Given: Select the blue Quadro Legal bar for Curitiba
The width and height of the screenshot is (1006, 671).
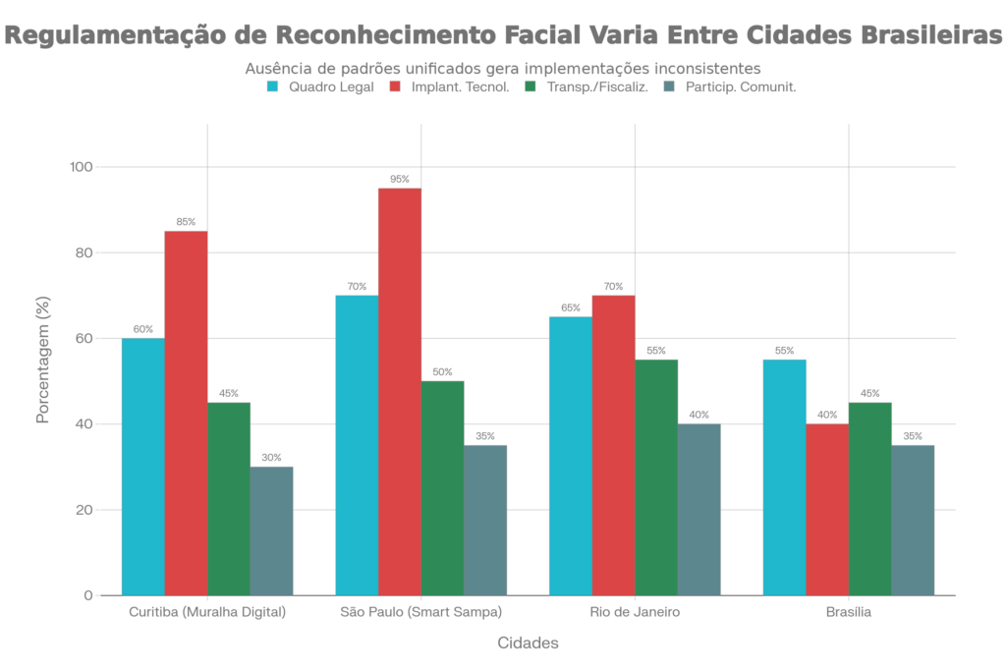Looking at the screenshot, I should point(142,466).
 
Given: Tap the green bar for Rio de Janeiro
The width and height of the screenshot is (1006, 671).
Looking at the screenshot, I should point(656,476).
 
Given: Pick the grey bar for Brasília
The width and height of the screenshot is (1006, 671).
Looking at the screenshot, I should point(914,520).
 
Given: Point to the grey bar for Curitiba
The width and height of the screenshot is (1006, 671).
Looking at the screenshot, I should point(272,531).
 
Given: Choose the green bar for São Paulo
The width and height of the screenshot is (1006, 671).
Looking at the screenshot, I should point(443,487).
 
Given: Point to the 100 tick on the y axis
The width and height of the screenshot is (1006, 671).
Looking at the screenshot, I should point(80,168).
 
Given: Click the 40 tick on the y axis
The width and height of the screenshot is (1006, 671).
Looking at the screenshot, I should point(83,424).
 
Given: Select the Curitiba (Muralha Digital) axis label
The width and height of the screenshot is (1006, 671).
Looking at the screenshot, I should point(207,612).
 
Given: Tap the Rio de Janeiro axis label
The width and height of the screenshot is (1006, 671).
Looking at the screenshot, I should point(635,612).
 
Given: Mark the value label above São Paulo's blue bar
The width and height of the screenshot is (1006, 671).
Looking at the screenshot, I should point(357,287).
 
